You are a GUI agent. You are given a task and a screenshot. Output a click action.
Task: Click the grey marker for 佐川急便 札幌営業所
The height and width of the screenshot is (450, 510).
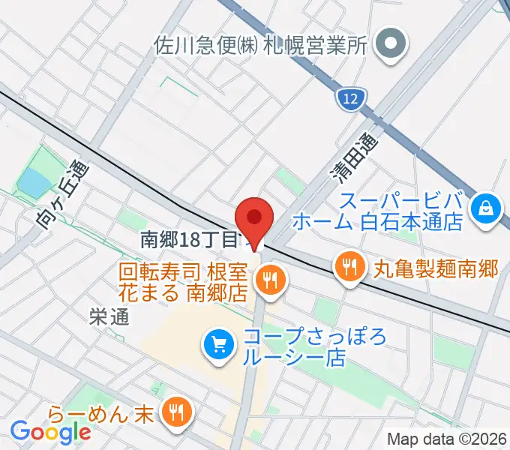click(x=389, y=43)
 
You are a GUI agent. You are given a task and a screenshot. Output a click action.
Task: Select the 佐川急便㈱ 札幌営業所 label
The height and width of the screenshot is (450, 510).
click(x=260, y=44)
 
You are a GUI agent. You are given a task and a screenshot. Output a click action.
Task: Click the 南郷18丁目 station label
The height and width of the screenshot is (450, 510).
click(x=189, y=240)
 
